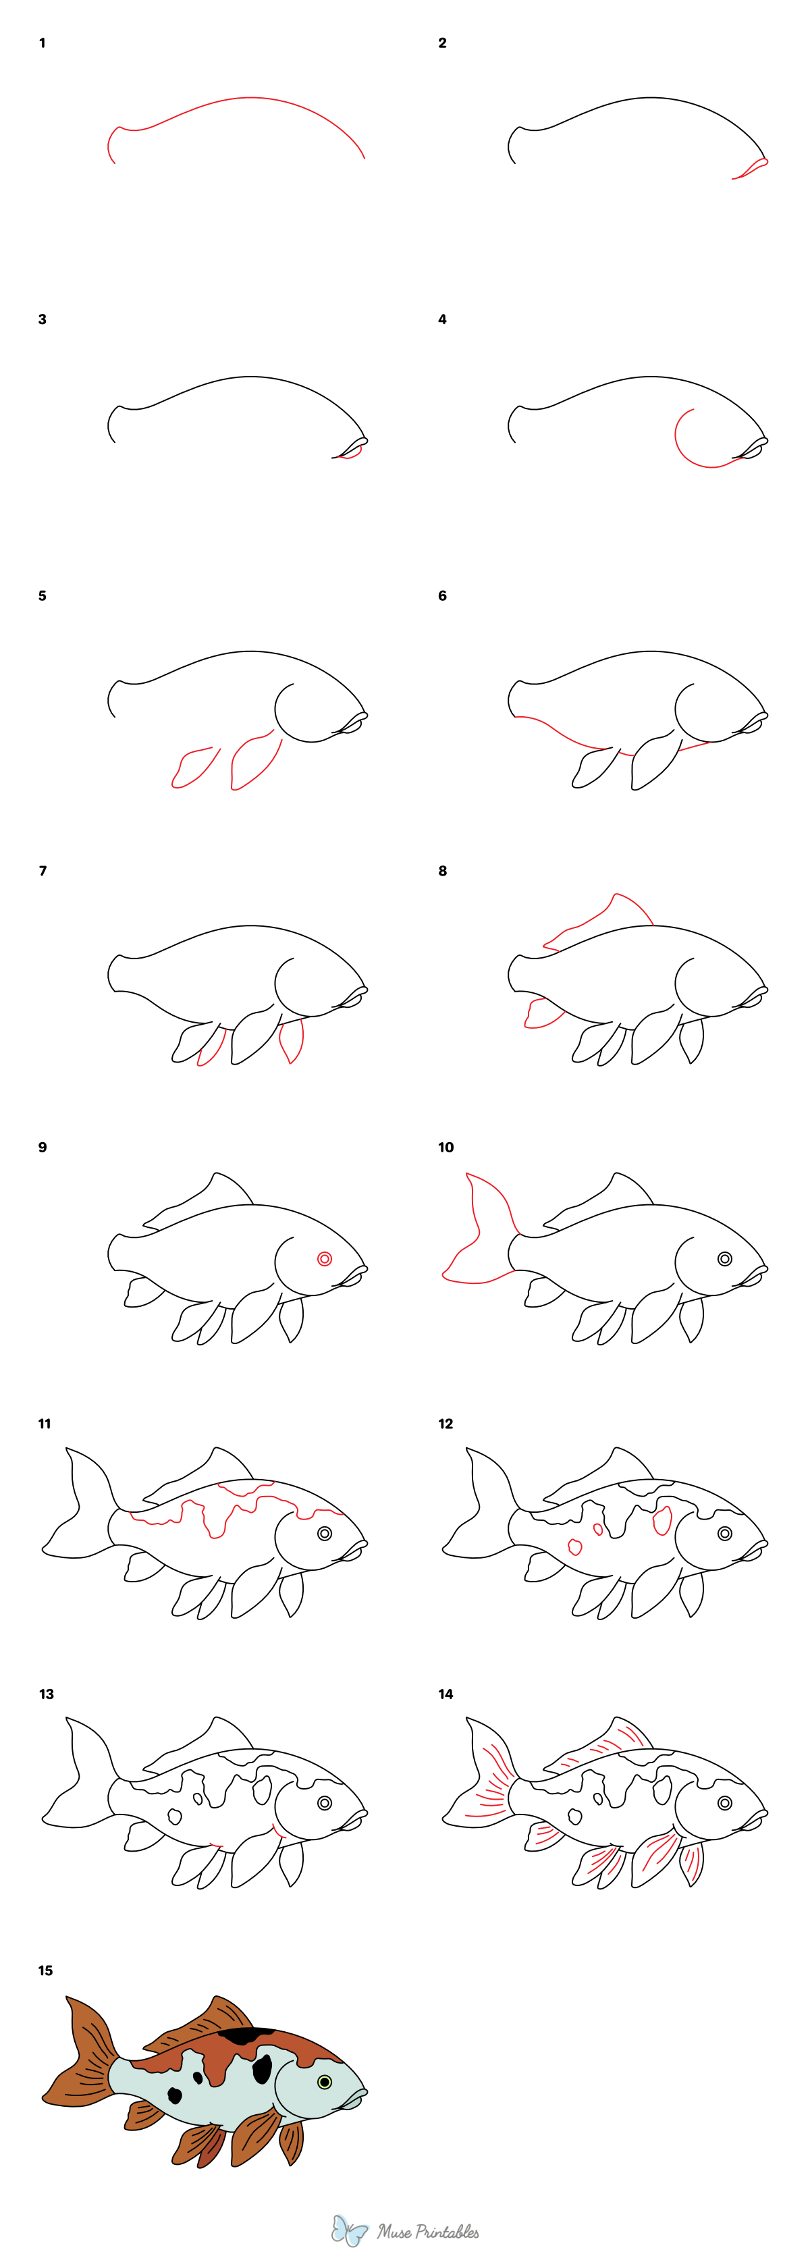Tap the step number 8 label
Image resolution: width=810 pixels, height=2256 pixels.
[442, 871]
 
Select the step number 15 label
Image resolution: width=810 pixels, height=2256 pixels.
[45, 1970]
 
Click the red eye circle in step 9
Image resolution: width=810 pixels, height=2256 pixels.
[324, 1258]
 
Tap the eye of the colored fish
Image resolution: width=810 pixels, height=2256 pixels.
[325, 2082]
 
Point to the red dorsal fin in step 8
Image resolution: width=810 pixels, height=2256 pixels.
[604, 919]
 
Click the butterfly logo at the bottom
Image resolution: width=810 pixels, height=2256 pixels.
[350, 2230]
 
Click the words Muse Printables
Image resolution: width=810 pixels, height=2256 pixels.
[428, 2232]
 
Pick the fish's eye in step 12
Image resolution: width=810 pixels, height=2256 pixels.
[724, 1534]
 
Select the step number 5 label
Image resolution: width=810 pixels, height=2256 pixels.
[42, 595]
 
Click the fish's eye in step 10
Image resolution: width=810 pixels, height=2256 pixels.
[724, 1258]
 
